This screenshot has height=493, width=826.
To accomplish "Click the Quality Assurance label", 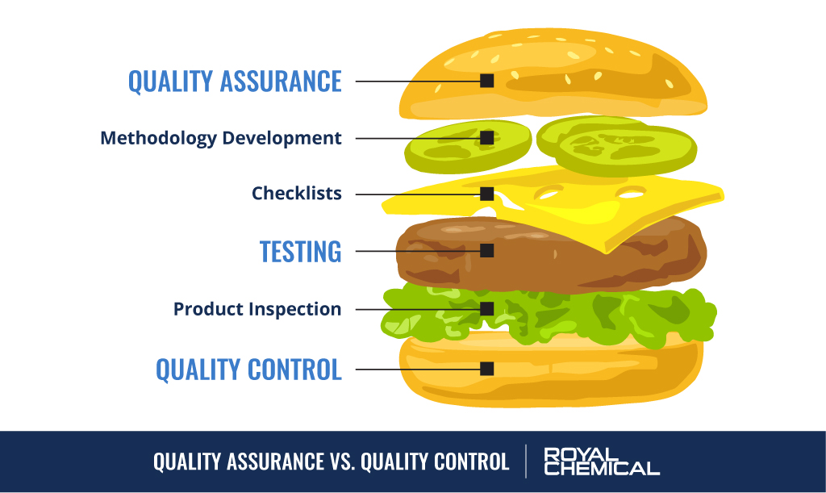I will (235, 81).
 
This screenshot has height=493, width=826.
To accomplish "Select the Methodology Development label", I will (220, 138).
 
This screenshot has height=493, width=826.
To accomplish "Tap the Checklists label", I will (296, 194).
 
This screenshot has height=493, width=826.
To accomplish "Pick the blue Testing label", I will (300, 251).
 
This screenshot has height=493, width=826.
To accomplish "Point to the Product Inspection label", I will (257, 309).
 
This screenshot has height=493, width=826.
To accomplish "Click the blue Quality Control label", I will (248, 369).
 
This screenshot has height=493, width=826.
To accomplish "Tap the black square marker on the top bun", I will (486, 81).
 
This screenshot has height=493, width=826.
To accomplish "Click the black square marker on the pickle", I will (486, 138).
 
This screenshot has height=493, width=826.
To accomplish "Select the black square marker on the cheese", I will (486, 194).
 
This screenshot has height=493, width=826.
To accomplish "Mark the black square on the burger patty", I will (486, 251).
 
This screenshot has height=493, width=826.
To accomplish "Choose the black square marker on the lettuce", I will (486, 309).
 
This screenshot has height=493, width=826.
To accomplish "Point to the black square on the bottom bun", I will (486, 369).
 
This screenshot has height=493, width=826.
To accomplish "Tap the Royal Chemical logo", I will (601, 461).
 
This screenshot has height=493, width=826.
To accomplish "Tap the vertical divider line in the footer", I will (527, 461).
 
